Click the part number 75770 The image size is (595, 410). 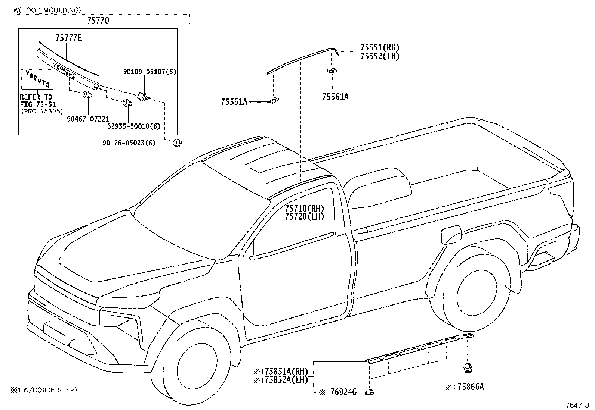98,21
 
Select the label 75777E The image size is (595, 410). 68,38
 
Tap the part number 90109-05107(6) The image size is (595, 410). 149,72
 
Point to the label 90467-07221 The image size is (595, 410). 88,119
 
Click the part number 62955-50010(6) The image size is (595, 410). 133,126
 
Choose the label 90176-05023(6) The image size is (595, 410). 129,143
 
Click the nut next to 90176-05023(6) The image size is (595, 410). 177,143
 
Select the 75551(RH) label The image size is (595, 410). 380,47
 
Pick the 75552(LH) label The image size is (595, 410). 380,56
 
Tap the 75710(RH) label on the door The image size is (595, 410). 304,208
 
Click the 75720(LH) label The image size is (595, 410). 304,217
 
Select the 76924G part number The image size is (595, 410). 343,392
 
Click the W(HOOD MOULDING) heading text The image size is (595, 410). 47,10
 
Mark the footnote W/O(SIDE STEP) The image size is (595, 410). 50,390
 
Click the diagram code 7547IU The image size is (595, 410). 577,405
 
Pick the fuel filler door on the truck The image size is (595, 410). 451,235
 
